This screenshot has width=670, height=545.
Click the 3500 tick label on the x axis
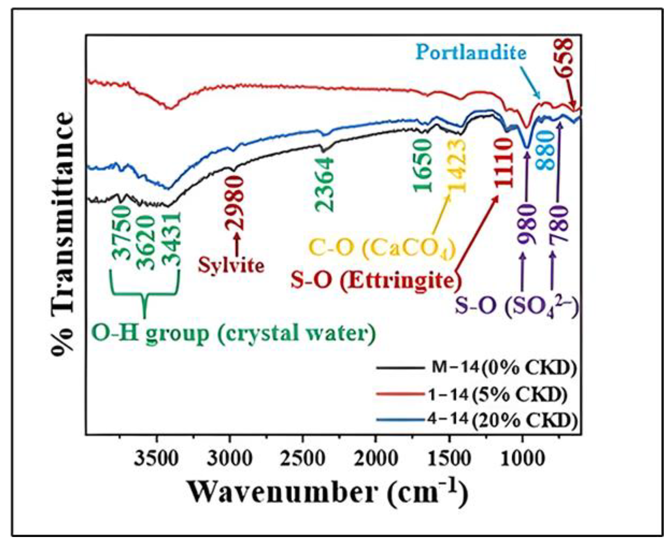[x=156, y=459]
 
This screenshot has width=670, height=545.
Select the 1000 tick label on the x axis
[x=522, y=459]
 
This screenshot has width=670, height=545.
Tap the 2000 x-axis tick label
[x=375, y=459]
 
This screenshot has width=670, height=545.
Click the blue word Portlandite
[x=471, y=53]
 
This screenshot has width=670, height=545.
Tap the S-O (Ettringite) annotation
[x=376, y=280]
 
